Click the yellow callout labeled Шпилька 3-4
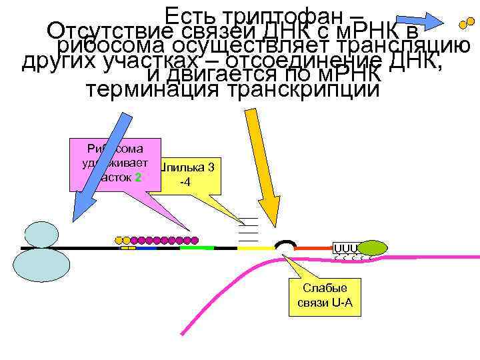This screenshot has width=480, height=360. tap(193, 174)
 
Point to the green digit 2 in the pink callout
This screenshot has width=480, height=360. tap(137, 177)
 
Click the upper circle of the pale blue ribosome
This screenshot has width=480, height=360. tap(42, 235)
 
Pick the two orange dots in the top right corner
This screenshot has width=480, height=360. tap(467, 25)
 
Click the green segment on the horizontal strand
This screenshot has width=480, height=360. tap(197, 247)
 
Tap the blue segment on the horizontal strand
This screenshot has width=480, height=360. tap(147, 248)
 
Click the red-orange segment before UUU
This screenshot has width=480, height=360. tap(313, 248)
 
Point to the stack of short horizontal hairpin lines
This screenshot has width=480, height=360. tap(248, 229)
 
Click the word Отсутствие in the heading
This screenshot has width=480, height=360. tap(110, 31)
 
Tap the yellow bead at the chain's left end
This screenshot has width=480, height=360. tap(119, 239)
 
